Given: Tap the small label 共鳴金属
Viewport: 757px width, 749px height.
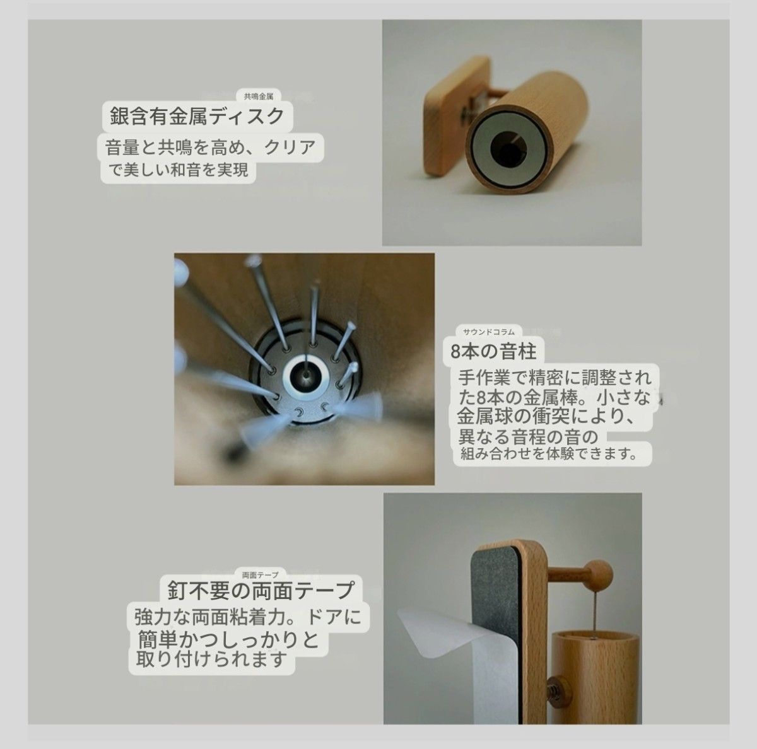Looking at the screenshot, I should (x=258, y=97).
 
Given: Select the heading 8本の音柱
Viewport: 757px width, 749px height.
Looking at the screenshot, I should (x=489, y=349).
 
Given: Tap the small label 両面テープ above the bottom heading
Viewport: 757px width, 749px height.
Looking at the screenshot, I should (x=260, y=575).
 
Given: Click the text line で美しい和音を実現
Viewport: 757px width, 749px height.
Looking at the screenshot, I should (x=177, y=170).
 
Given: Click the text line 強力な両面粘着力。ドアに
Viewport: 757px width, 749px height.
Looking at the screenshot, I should (x=251, y=616).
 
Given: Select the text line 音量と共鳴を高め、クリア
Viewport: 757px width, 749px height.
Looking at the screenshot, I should (x=210, y=148).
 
